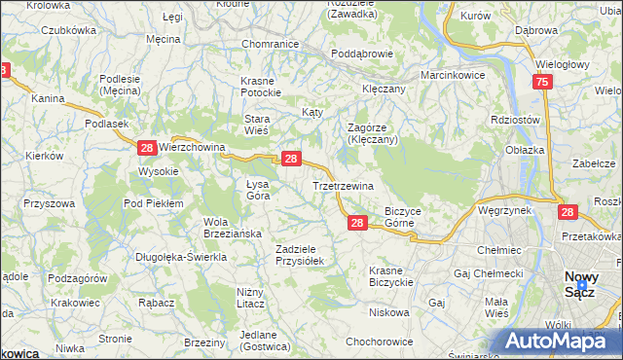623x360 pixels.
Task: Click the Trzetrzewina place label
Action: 343,185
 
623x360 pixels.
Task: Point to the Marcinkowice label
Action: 453,75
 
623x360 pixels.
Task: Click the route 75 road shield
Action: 542,84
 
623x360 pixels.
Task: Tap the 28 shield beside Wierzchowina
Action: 146,148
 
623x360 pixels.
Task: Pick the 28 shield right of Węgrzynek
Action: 568,211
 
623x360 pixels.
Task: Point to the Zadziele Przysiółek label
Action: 305,255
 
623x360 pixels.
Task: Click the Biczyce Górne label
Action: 403,216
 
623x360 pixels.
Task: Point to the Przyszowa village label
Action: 51,203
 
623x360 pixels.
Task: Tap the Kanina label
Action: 47,98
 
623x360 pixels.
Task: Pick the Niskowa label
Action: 388,313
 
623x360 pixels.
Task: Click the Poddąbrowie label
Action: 360,54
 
